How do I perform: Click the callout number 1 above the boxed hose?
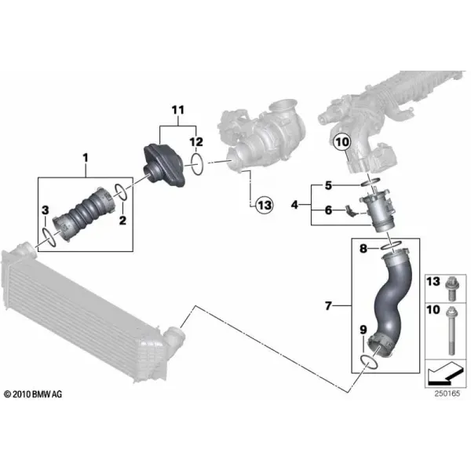[x=86, y=158]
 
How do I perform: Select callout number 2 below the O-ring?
[x=122, y=221]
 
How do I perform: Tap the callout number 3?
[x=45, y=210]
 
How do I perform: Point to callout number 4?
[x=294, y=205]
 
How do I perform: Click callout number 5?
[x=328, y=185]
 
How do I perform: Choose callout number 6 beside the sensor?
[x=328, y=210]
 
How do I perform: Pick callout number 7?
[x=328, y=306]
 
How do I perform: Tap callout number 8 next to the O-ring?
[x=363, y=248]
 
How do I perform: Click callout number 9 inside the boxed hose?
[x=363, y=330]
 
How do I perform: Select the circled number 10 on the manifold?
[x=342, y=142]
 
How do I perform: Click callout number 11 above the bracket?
[x=178, y=110]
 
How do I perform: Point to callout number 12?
[x=196, y=142]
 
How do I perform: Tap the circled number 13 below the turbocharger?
[x=265, y=206]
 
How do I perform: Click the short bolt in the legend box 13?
[x=451, y=289]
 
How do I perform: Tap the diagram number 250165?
[x=447, y=393]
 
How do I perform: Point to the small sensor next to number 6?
[x=350, y=210]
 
